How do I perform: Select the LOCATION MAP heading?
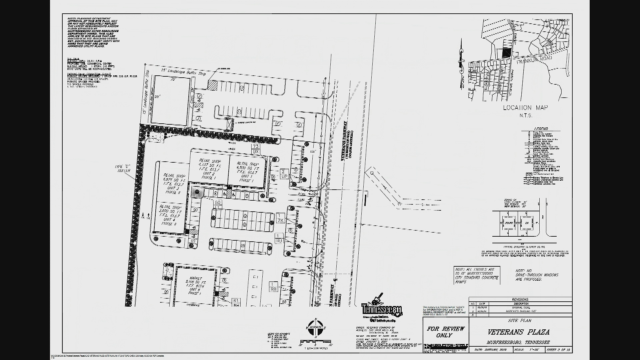(525, 108)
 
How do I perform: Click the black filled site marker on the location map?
(506, 53)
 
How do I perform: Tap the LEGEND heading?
(541, 129)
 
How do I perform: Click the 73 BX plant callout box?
(256, 149)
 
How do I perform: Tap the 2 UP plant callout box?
(284, 174)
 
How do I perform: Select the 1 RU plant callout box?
(279, 238)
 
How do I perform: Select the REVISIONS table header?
(520, 299)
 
